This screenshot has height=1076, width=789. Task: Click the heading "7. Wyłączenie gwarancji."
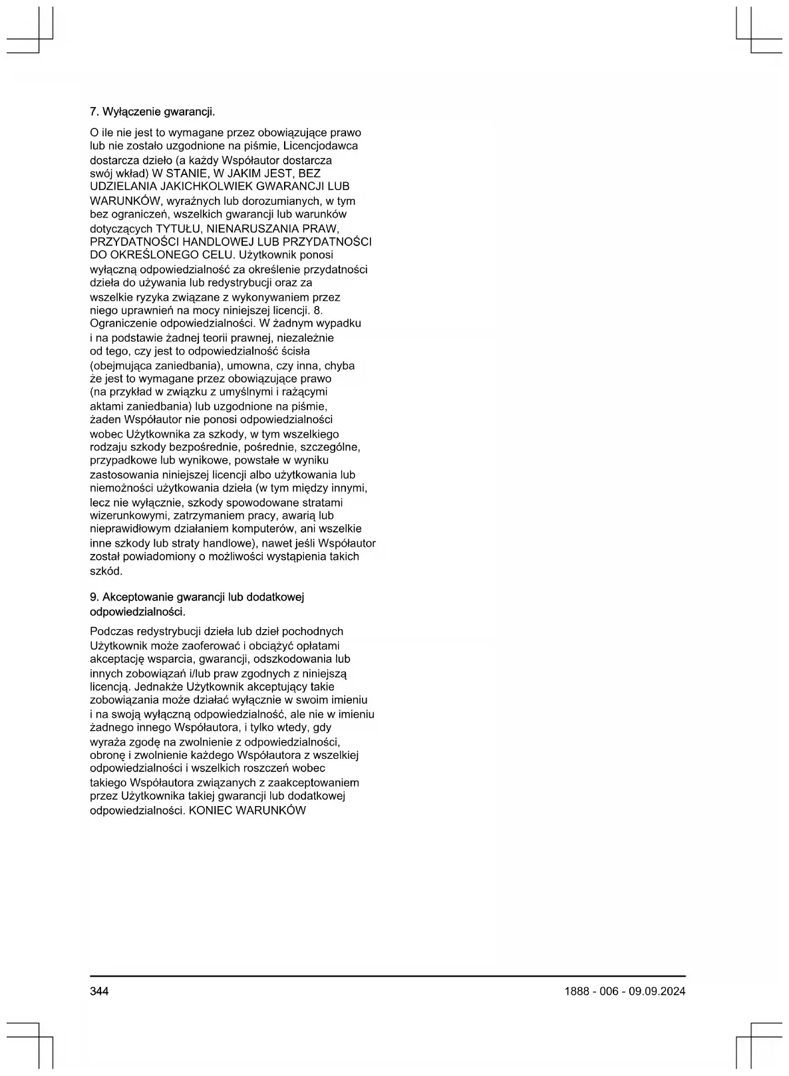click(152, 110)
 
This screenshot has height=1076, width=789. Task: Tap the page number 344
click(99, 991)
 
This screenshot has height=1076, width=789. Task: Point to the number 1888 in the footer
click(576, 991)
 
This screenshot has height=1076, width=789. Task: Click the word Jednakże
click(160, 686)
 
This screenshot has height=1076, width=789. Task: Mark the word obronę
click(107, 755)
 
